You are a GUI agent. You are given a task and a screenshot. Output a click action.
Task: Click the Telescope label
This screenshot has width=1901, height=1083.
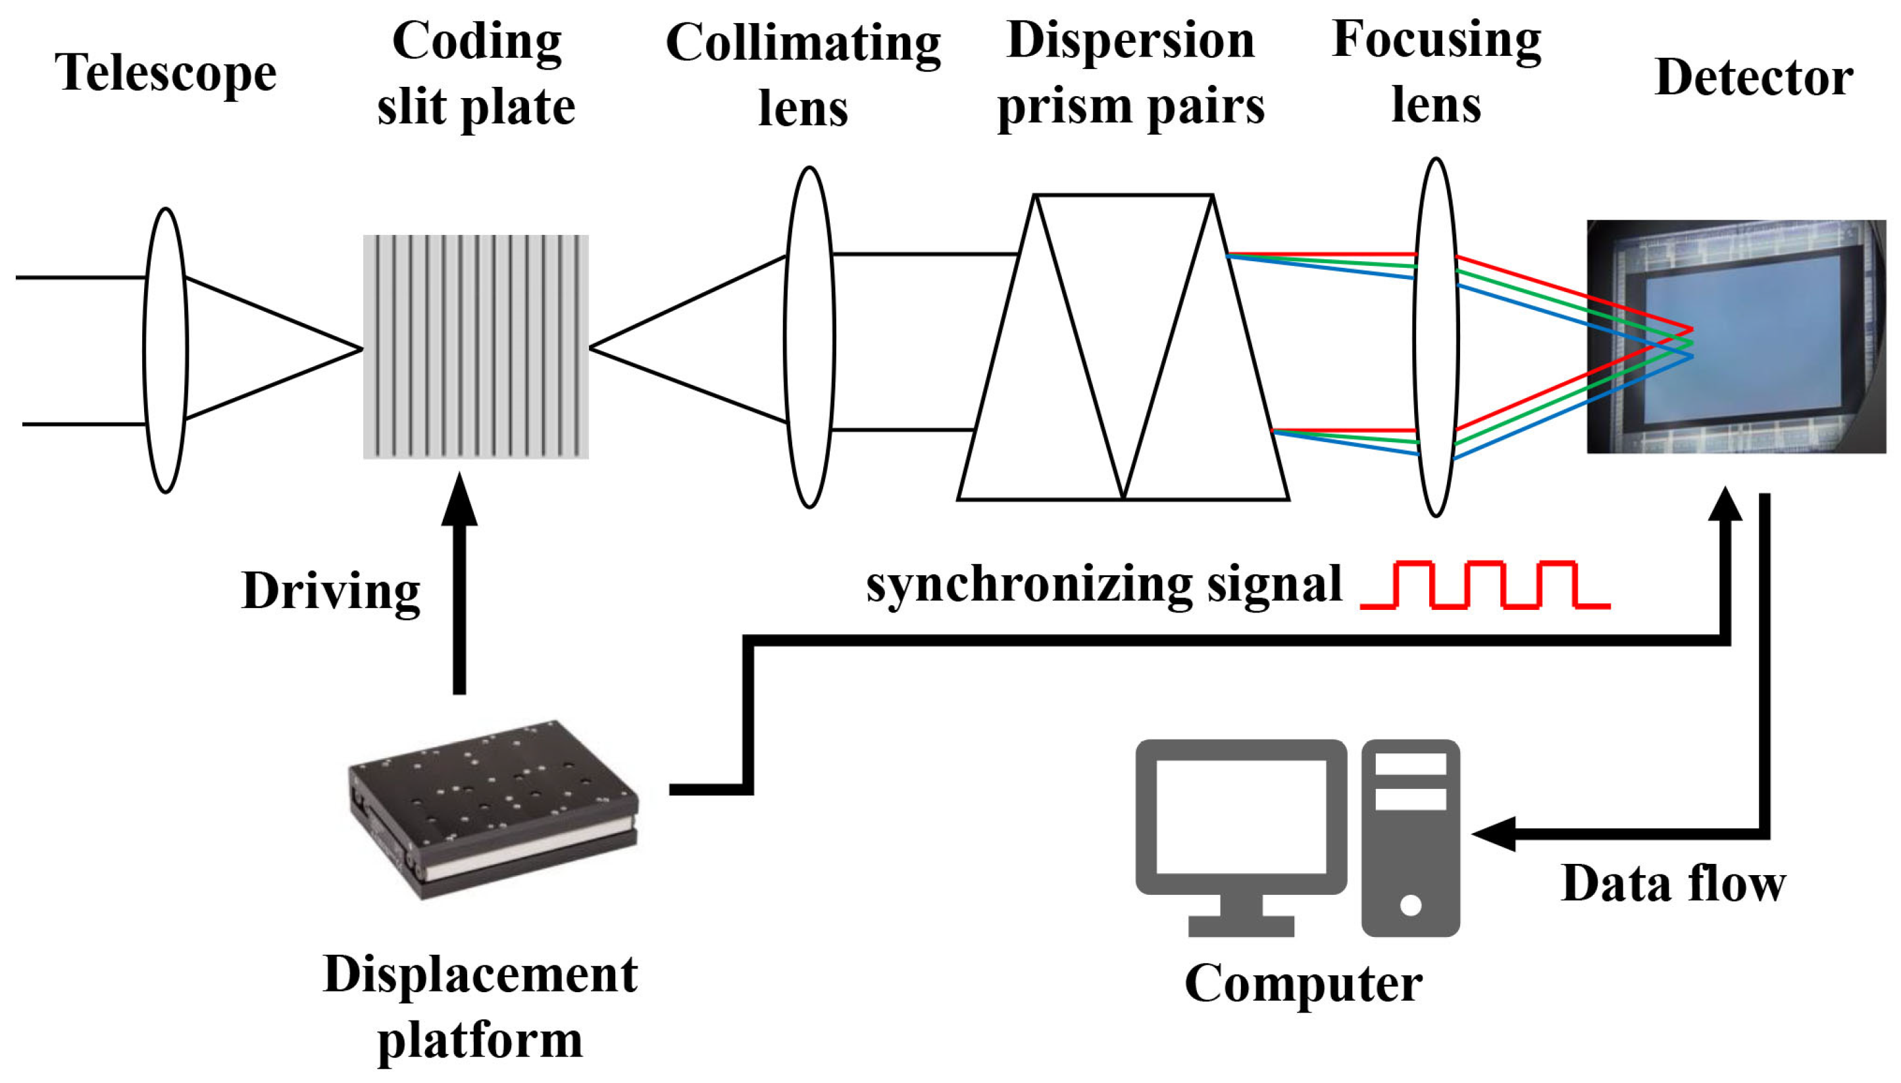coord(165,74)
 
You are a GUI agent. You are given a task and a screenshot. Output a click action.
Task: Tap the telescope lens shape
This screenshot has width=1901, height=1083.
coord(165,349)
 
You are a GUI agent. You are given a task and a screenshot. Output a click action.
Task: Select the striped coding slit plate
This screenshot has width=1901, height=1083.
coord(475,347)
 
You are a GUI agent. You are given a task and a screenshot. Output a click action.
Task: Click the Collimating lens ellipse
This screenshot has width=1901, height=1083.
coord(809,337)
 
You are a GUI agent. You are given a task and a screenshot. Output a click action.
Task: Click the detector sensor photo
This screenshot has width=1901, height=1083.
coord(1736,336)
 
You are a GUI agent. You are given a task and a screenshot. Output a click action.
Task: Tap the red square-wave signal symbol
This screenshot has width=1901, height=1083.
coord(1484,586)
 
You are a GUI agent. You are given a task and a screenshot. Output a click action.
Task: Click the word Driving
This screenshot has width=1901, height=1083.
coord(331,592)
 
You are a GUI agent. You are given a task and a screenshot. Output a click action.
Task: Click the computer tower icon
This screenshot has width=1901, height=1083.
coord(1410,837)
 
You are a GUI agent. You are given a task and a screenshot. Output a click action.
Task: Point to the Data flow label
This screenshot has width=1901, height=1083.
coord(1673,884)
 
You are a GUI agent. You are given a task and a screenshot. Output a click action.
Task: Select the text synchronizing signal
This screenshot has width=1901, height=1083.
coord(1103,585)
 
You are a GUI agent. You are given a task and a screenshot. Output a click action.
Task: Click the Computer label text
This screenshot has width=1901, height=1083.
coord(1303,984)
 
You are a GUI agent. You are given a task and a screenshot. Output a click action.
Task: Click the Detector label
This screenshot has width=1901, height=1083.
coord(1754,78)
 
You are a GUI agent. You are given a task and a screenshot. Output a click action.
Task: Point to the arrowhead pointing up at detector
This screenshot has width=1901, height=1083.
coord(1725,506)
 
